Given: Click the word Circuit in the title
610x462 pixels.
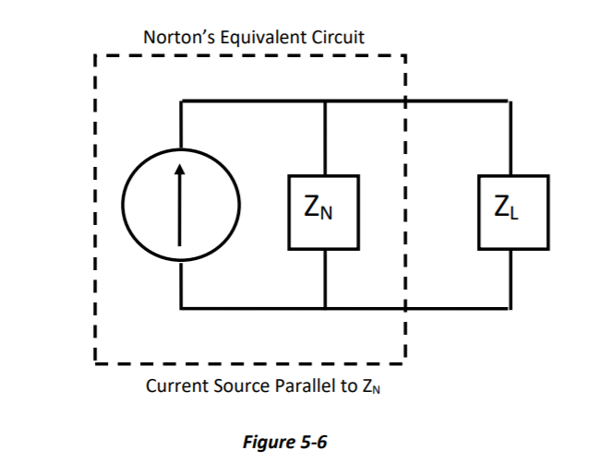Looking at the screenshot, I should pyautogui.click(x=336, y=38).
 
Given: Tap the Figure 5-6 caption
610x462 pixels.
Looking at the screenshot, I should pyautogui.click(x=284, y=441).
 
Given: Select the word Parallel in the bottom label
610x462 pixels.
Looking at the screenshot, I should pyautogui.click(x=304, y=385).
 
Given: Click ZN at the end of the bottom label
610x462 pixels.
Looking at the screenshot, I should pyautogui.click(x=372, y=386).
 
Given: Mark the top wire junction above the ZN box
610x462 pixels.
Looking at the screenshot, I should pyautogui.click(x=324, y=101).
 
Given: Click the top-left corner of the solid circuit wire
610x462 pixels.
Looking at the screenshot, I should pyautogui.click(x=181, y=101).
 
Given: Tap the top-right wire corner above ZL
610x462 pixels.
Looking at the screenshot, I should pyautogui.click(x=511, y=101).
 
